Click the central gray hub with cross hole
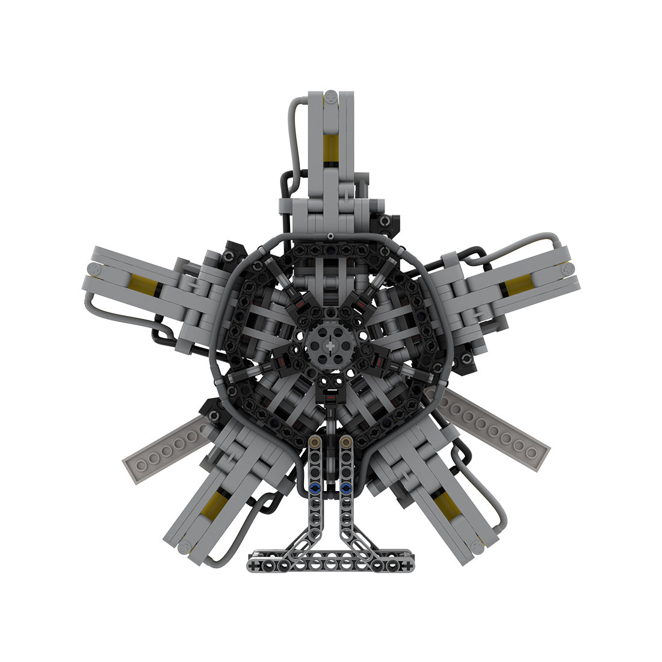330,347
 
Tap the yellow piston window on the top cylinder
329,147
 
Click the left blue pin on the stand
314,488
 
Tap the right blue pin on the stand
345,488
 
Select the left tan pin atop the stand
314,443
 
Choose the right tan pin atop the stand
345,443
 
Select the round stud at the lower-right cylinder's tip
477,547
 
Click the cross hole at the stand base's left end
256,566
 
